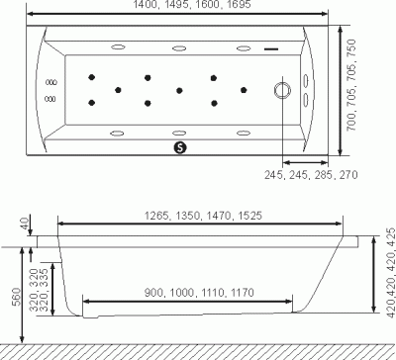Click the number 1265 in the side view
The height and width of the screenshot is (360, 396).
153,216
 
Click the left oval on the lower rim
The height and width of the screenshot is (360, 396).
117,133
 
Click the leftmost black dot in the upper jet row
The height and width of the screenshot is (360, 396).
91,77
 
